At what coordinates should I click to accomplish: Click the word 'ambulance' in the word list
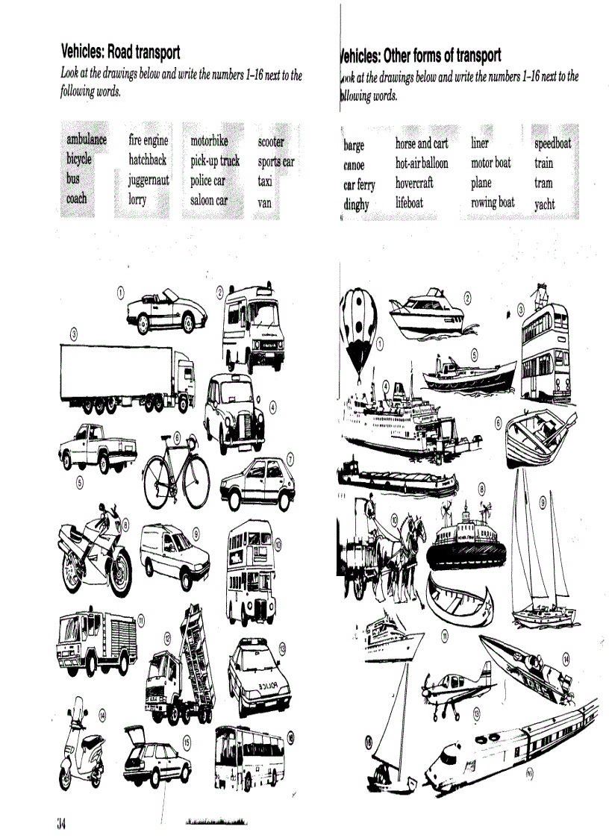pyautogui.click(x=87, y=140)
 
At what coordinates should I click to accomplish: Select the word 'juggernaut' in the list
pyautogui.click(x=149, y=180)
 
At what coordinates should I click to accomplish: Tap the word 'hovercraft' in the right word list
pyautogui.click(x=414, y=183)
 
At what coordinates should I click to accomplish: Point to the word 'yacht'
pyautogui.click(x=545, y=204)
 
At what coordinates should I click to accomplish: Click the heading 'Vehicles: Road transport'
pyautogui.click(x=120, y=52)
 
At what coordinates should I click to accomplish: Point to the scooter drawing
pyautogui.click(x=82, y=750)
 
